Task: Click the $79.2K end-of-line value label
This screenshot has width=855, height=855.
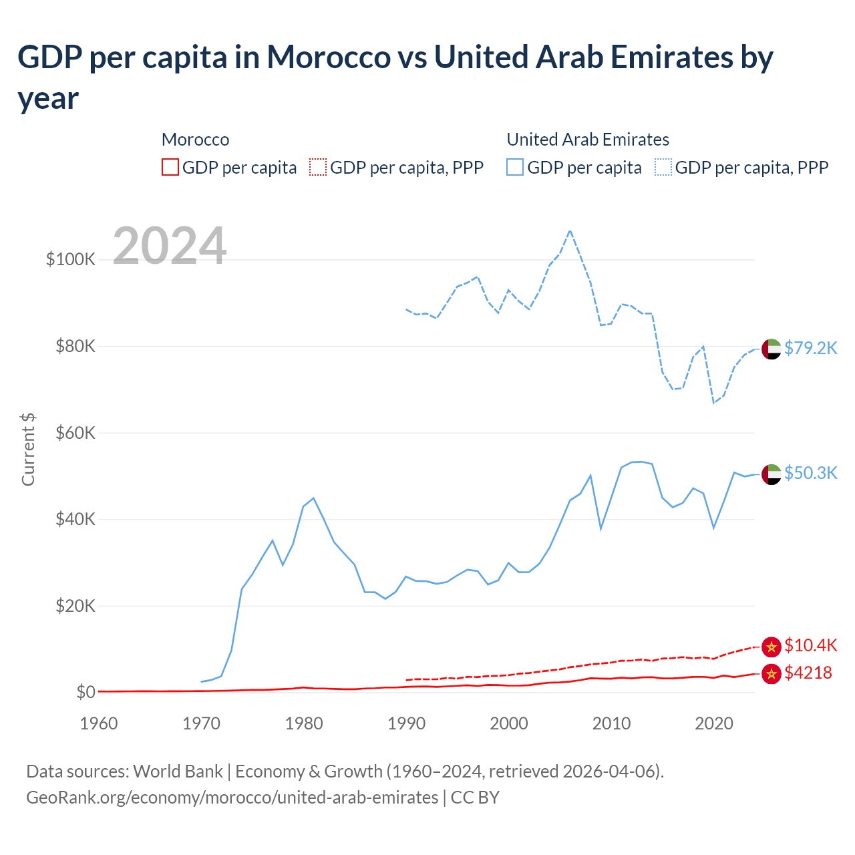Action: point(810,348)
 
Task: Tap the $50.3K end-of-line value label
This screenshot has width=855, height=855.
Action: point(810,473)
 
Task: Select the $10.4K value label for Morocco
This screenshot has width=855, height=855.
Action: point(810,645)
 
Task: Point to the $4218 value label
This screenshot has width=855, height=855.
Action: point(808,673)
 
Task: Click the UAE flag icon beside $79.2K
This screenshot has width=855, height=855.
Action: point(772,349)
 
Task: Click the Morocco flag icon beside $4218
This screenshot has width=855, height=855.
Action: point(772,674)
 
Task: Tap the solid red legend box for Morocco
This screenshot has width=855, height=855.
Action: point(170,167)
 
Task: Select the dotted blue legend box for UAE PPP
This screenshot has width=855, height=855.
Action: point(663,167)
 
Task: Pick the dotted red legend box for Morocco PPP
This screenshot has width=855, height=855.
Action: point(318,167)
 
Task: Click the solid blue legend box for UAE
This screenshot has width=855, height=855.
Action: point(515,167)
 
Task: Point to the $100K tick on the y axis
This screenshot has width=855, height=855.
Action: point(71,259)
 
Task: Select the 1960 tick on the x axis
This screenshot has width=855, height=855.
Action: point(99,723)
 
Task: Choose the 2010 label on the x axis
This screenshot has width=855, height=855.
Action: point(611,723)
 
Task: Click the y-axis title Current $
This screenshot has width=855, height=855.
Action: point(28,449)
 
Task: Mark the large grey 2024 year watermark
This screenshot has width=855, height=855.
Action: point(170,246)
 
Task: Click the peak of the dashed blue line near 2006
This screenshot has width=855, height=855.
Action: point(570,231)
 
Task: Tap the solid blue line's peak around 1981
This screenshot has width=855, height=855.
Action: point(313,498)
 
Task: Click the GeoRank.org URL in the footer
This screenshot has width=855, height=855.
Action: point(232,798)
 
